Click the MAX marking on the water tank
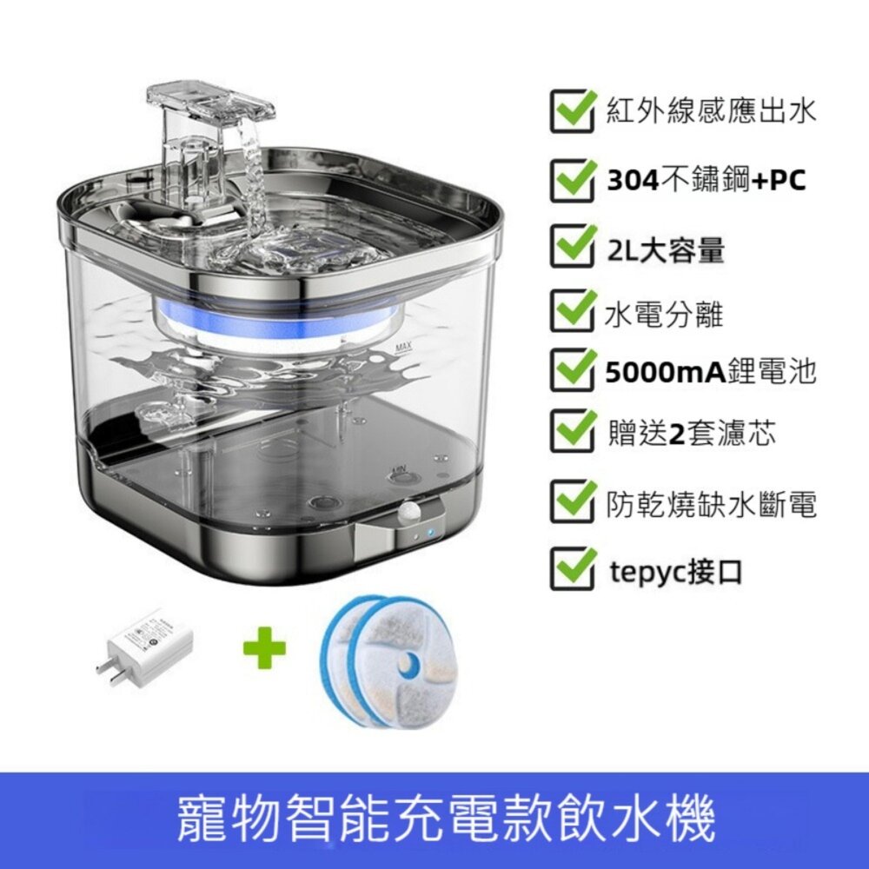[x=402, y=349]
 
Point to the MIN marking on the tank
[x=399, y=470]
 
